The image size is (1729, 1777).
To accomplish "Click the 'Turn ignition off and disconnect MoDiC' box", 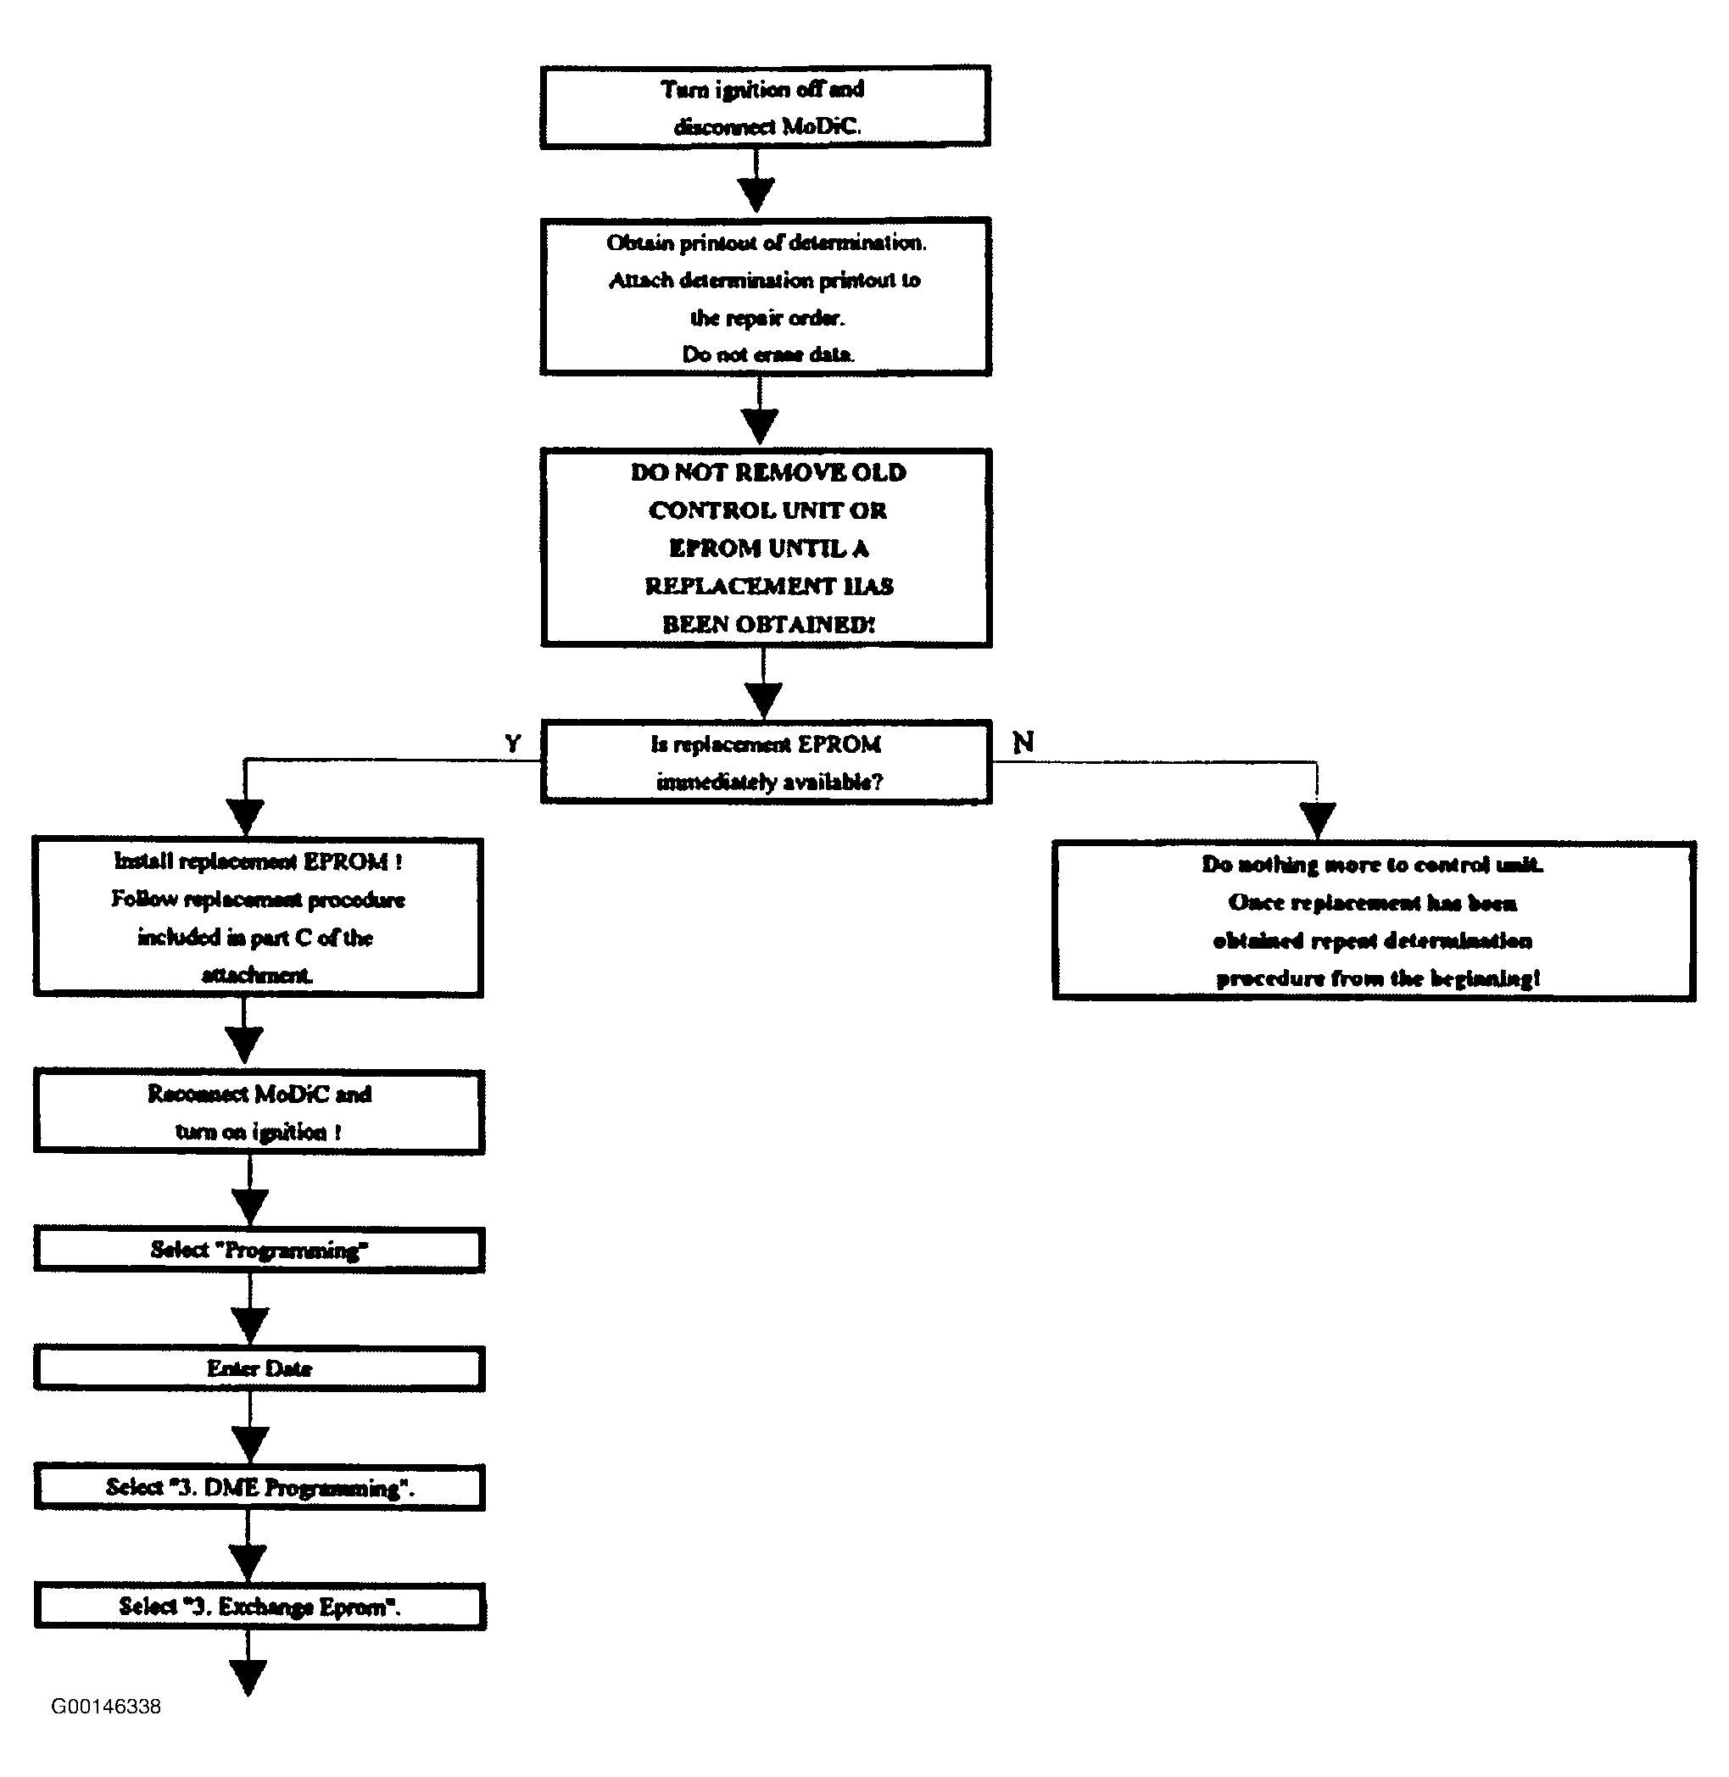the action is point(765,106).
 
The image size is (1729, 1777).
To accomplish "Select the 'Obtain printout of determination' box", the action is point(765,297).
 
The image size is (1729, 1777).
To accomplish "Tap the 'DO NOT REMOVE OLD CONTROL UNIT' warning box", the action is point(766,548).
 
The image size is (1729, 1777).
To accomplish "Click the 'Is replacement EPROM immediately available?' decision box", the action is point(766,762).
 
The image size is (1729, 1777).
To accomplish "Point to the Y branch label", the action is point(513,744).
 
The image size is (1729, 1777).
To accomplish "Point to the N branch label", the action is point(1023,743).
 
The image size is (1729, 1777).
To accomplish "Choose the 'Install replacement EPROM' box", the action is point(258,917).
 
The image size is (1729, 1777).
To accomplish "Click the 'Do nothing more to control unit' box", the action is point(1374,921).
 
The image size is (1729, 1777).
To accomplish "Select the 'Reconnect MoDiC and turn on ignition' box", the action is point(259,1112).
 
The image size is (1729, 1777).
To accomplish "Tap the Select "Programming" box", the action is point(259,1251).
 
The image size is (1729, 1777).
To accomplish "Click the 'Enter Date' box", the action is point(259,1368).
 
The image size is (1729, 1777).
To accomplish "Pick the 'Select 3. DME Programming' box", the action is point(259,1487).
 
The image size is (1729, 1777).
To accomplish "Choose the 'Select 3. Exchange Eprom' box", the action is point(259,1607).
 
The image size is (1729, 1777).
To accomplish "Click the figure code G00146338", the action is point(106,1706).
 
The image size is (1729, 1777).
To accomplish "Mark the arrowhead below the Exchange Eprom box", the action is point(248,1678).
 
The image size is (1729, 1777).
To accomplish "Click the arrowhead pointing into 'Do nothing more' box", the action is point(1318,821).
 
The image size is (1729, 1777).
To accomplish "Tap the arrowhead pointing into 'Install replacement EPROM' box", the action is point(245,817).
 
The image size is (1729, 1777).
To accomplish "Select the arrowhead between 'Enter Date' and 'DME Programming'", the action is point(249,1444).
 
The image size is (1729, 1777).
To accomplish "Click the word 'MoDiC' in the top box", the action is point(820,126).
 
